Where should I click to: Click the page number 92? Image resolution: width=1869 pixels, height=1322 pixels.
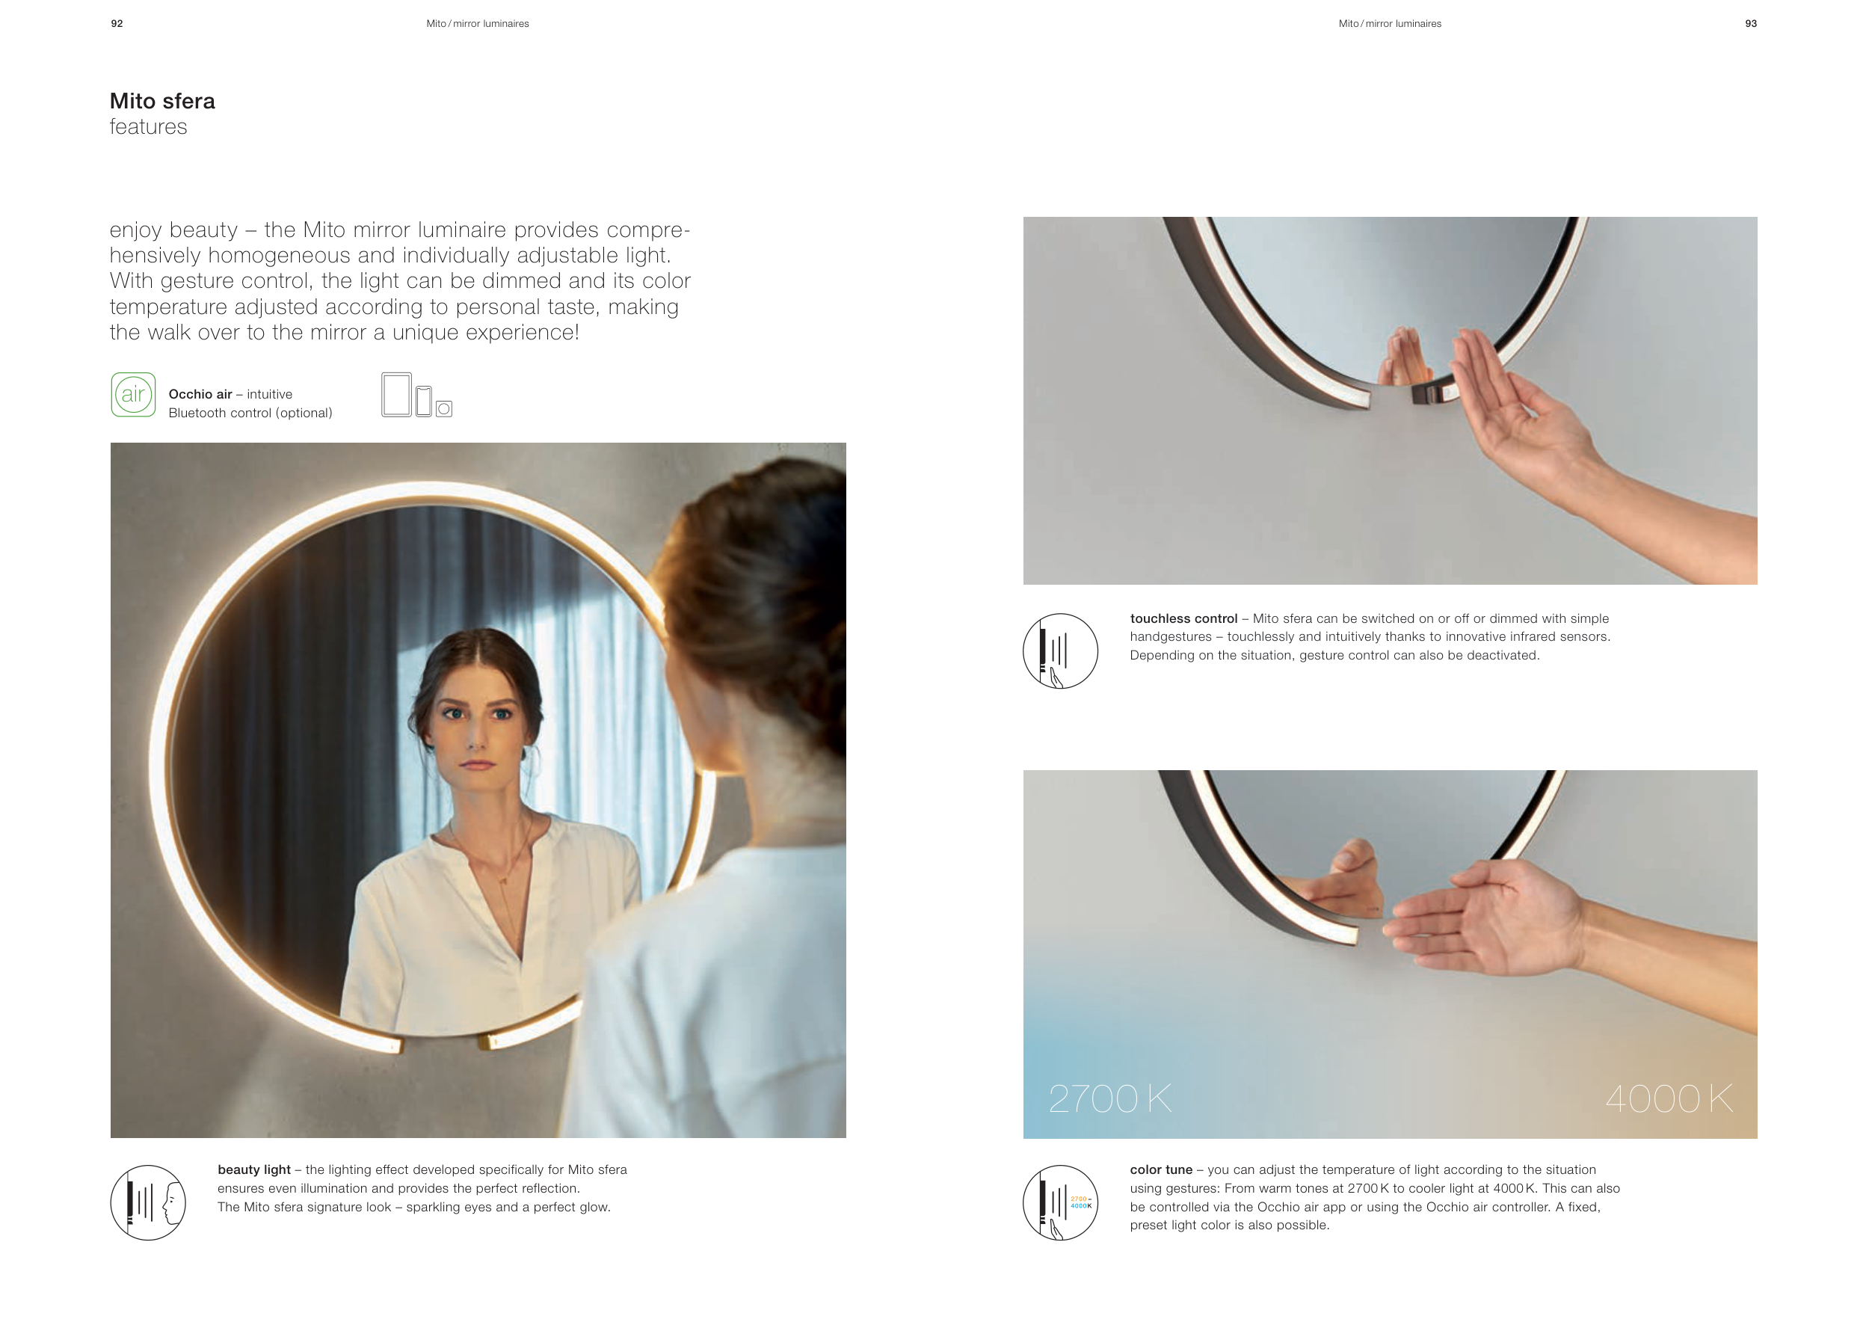click(117, 24)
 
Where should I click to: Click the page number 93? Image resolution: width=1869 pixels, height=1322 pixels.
click(1750, 24)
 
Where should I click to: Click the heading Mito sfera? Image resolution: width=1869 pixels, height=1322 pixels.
click(163, 101)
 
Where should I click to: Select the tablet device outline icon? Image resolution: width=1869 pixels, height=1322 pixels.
click(396, 395)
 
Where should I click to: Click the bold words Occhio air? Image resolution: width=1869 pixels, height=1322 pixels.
click(200, 394)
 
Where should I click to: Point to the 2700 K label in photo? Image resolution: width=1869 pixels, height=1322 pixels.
click(1110, 1099)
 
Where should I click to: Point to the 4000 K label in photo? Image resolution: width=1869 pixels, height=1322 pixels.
click(1669, 1099)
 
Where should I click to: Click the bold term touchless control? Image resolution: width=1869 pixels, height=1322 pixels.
click(1183, 618)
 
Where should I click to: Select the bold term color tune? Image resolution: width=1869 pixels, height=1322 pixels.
click(1161, 1169)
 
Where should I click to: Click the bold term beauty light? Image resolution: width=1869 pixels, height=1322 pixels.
click(254, 1169)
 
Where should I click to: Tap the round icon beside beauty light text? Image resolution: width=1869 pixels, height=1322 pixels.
click(148, 1203)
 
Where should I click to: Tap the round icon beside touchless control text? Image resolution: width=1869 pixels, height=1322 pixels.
click(1061, 651)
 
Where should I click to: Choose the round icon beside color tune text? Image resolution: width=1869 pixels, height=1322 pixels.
click(1061, 1203)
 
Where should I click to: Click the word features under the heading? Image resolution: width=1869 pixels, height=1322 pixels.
click(148, 127)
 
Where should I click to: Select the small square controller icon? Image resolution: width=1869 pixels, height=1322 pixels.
click(443, 409)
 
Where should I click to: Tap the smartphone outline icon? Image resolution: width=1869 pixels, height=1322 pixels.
click(423, 402)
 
